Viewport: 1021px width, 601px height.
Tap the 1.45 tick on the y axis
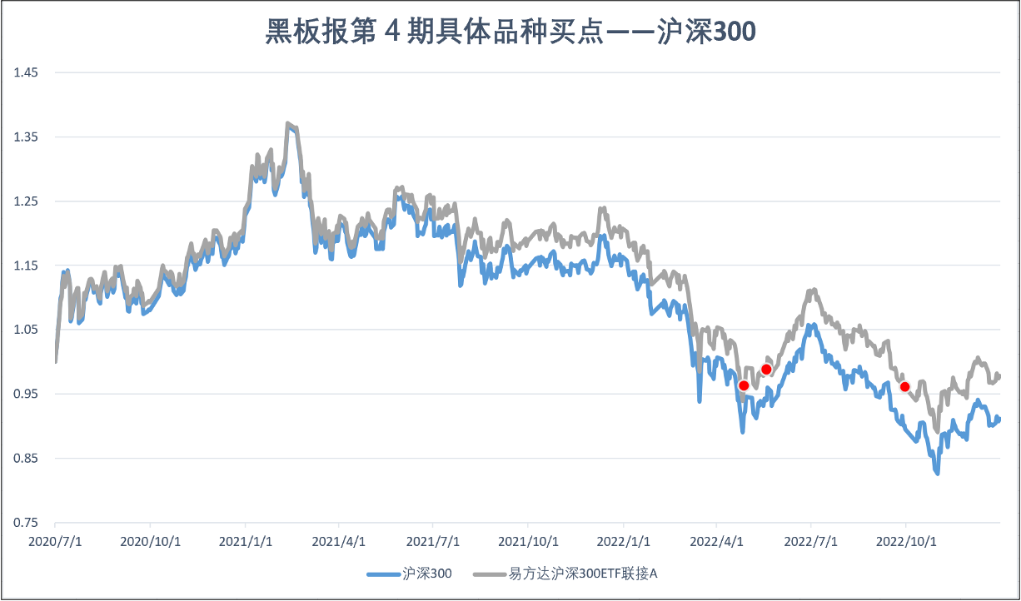[27, 72]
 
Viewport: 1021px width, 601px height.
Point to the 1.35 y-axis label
[27, 137]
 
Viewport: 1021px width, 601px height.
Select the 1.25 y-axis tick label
[27, 201]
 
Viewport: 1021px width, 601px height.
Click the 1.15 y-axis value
[27, 266]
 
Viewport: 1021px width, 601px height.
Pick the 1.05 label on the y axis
[27, 330]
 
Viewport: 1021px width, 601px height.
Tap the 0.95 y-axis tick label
[27, 394]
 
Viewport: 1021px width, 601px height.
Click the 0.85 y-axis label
[27, 459]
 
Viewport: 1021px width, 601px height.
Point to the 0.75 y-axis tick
[27, 523]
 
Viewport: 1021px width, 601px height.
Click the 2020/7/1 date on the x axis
[55, 541]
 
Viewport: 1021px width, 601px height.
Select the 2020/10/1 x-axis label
[150, 541]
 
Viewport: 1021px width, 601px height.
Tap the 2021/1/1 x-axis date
[245, 541]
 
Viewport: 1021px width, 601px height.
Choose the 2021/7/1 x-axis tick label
[434, 541]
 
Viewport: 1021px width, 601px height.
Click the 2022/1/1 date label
[623, 541]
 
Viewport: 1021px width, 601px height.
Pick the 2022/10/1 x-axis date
[906, 541]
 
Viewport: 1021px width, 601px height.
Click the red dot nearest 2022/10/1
[905, 386]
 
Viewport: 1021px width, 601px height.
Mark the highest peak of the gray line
[287, 124]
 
